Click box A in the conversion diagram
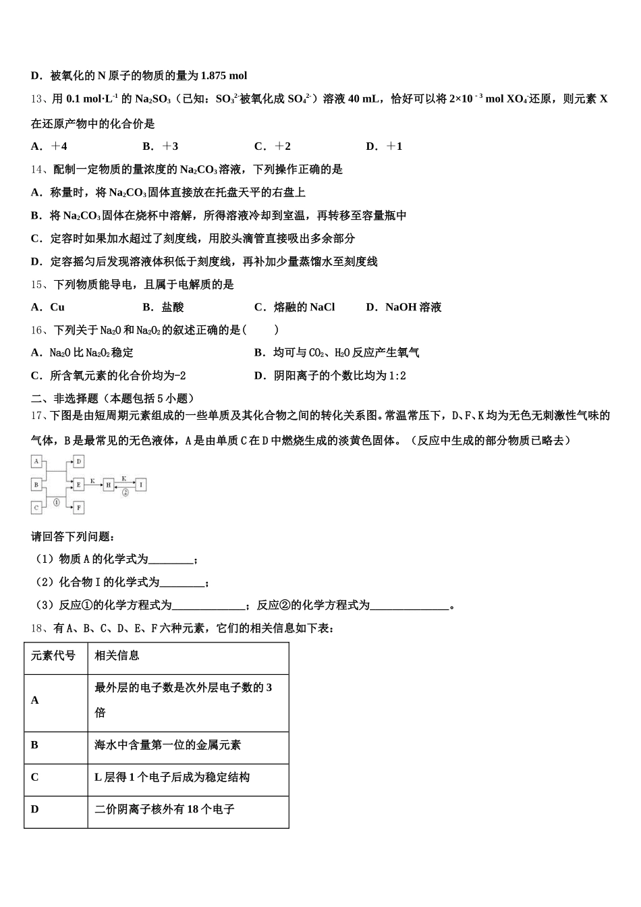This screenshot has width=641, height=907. pos(37,462)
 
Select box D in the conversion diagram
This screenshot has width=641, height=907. pos(79,462)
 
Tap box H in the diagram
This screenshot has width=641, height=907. pos(109,485)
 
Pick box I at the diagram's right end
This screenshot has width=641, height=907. pos(141,485)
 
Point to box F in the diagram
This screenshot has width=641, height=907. pos(79,507)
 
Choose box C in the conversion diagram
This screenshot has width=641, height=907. pos(37,507)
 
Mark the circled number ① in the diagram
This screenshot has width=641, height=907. pos(57,503)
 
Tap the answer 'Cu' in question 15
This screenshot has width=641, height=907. pos(57,307)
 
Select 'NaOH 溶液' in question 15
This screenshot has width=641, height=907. pos(413,307)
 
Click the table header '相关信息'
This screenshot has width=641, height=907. pos(117,655)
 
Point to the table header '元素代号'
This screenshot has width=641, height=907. pos(53,655)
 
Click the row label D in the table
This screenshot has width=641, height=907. pos(35,809)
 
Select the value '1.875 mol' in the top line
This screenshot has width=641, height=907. pos(224,76)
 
